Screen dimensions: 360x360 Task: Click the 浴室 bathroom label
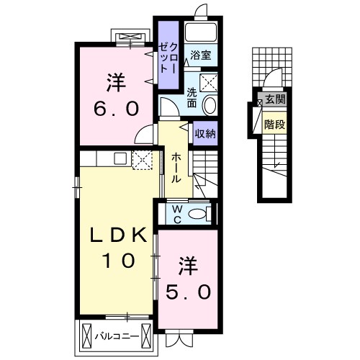pyautogui.click(x=201, y=55)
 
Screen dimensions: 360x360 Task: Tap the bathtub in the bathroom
pyautogui.click(x=201, y=32)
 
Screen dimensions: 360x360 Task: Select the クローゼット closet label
pyautogui.click(x=168, y=58)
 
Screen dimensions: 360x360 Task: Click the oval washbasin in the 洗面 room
pyautogui.click(x=210, y=105)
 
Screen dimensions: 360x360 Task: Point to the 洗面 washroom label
pyautogui.click(x=192, y=98)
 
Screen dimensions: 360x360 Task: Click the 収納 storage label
pyautogui.click(x=205, y=133)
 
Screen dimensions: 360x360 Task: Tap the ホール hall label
pyautogui.click(x=176, y=168)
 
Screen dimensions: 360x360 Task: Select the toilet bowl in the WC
pyautogui.click(x=197, y=214)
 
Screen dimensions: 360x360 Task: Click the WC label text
pyautogui.click(x=177, y=215)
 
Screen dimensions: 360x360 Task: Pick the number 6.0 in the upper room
pyautogui.click(x=117, y=108)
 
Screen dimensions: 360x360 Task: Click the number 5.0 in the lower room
pyautogui.click(x=189, y=292)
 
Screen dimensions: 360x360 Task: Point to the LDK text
pyautogui.click(x=118, y=235)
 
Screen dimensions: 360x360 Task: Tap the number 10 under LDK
pyautogui.click(x=118, y=261)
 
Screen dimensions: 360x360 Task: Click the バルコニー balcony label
pyautogui.click(x=117, y=336)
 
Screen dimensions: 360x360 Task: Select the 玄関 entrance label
pyautogui.click(x=276, y=99)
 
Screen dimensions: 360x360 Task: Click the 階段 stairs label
pyautogui.click(x=275, y=125)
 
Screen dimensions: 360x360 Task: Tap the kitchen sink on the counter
pyautogui.click(x=120, y=158)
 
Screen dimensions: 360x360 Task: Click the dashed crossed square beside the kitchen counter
pyautogui.click(x=143, y=160)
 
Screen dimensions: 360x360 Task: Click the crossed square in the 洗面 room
pyautogui.click(x=209, y=83)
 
